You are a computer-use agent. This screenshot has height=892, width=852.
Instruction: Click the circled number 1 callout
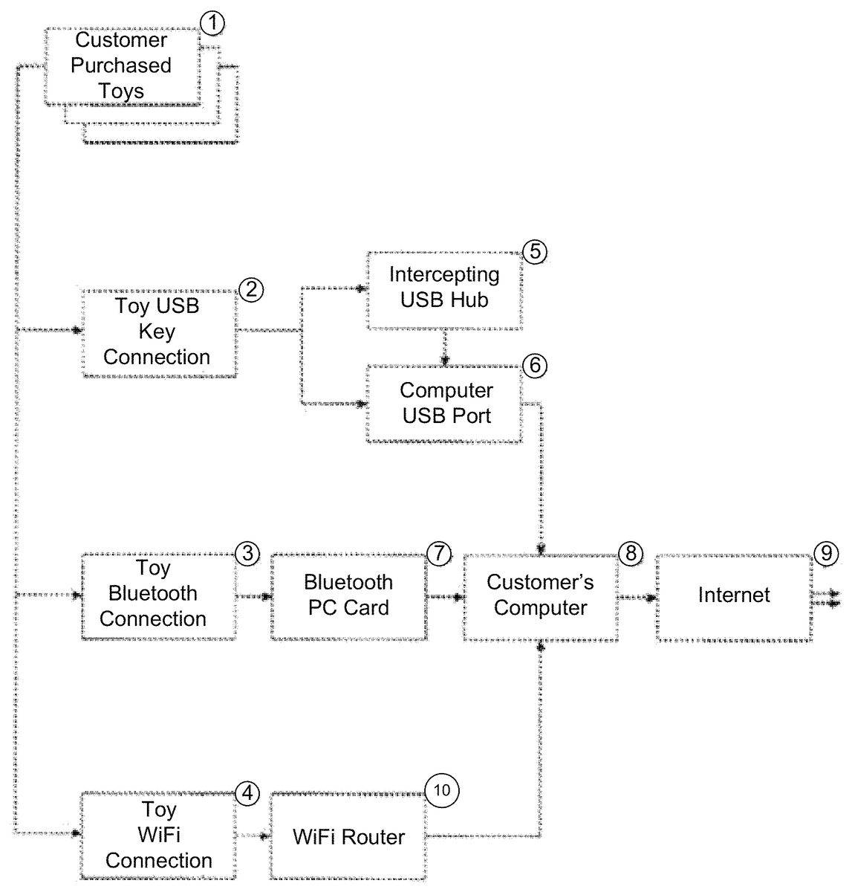[x=212, y=23]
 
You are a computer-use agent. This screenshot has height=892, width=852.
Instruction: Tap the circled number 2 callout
[x=251, y=289]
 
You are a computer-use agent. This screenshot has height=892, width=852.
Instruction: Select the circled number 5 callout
[x=535, y=252]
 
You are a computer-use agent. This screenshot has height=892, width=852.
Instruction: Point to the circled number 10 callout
[x=442, y=790]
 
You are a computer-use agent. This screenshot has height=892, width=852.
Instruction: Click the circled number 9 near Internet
[x=825, y=552]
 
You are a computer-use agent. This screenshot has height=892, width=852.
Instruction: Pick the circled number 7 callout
[x=439, y=553]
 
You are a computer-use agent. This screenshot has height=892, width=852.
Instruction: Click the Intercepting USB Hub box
[x=444, y=288]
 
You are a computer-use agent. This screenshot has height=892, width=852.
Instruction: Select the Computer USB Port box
[x=446, y=404]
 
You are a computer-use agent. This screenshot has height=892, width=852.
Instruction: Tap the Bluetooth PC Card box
[x=348, y=595]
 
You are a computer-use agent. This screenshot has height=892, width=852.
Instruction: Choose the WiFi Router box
[x=348, y=837]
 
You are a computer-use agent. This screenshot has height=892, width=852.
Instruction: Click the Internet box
[x=733, y=595]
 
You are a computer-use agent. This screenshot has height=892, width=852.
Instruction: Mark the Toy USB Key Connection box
[x=157, y=332]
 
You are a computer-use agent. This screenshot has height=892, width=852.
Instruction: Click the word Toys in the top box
[x=121, y=91]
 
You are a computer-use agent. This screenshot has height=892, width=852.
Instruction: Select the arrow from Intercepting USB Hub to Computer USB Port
[x=445, y=348]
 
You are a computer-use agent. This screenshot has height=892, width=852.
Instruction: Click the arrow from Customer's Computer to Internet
[x=637, y=596]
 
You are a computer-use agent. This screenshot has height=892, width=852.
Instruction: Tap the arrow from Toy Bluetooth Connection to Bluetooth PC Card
[x=254, y=596]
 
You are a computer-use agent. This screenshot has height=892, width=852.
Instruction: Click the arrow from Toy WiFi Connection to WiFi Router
[x=255, y=836]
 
